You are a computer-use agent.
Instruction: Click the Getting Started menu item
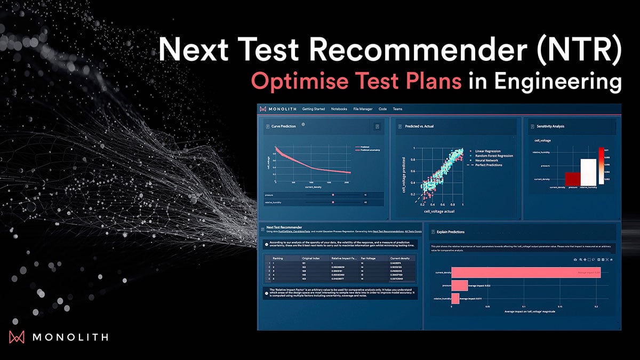coord(313,109)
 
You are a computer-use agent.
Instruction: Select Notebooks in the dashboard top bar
coord(339,109)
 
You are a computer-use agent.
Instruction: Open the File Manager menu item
coord(363,109)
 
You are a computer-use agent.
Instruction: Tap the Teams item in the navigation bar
coord(397,109)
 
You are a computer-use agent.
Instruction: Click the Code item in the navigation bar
coord(382,109)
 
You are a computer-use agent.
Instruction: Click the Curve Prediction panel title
coord(283,126)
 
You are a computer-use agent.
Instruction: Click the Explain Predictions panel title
coord(450,232)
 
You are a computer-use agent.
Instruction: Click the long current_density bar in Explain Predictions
coord(525,273)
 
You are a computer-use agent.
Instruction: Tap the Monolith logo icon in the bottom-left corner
coord(17,337)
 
